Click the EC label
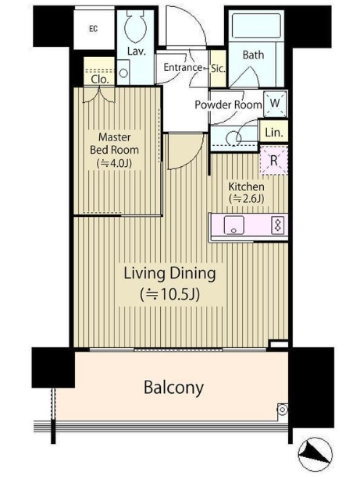coord(93,29)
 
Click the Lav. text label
coord(137,51)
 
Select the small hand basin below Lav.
coord(123,73)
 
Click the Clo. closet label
coord(100,80)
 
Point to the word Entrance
coord(183,67)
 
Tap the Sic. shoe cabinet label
coord(218,69)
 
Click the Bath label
coord(253,55)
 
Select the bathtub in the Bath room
coord(257,25)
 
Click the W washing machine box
coord(275,104)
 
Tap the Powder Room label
coord(229,105)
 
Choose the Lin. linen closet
coord(274,132)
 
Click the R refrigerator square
coord(274,161)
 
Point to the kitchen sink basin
coord(233,225)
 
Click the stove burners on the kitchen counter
coord(278,225)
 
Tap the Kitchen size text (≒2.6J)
coord(247,199)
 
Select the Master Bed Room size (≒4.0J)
coord(114,163)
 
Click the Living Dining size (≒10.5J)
coord(169,294)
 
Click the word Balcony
coord(173,388)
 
